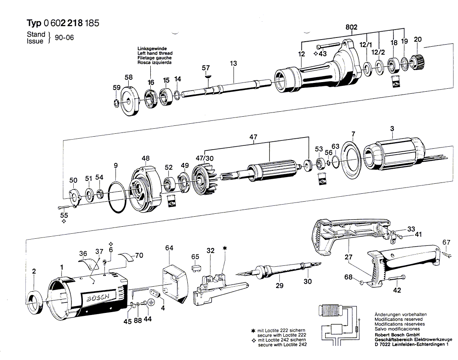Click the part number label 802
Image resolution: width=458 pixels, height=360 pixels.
click(351, 27)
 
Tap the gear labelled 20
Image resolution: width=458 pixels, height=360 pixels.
click(416, 62)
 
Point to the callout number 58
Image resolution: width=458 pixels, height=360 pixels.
click(129, 77)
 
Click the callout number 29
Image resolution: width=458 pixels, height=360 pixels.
click(279, 285)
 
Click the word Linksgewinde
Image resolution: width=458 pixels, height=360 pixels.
click(152, 48)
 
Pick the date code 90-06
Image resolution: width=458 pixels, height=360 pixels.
click(64, 37)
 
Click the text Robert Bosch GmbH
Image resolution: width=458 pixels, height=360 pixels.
click(397, 335)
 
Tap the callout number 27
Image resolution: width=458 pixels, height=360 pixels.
click(348, 257)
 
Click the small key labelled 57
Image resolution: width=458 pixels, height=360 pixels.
click(207, 76)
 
